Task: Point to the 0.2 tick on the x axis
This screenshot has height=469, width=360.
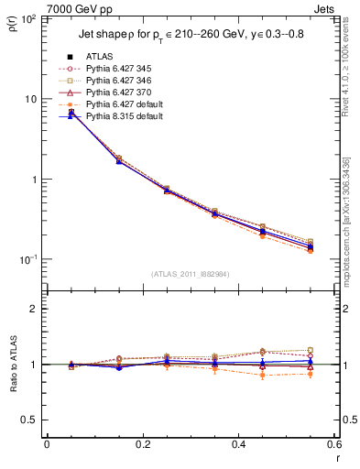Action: [143, 444]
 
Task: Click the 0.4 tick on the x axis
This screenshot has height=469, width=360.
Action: [239, 444]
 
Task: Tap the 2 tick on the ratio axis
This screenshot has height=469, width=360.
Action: [33, 310]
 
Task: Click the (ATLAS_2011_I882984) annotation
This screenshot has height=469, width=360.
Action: [191, 273]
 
